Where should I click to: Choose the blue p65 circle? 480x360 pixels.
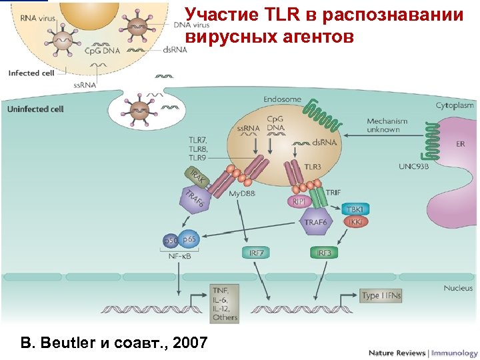pos(189,239)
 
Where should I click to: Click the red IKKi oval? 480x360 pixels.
pos(355,221)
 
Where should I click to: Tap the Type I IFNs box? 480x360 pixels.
pos(381,295)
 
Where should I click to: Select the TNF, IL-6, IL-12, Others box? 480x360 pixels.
pos(225,303)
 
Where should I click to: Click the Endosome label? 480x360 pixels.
pos(282,99)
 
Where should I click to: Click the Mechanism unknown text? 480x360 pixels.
pos(383,125)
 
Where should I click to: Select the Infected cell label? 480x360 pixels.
pos(31,73)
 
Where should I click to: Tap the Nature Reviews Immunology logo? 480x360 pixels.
pos(423,353)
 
